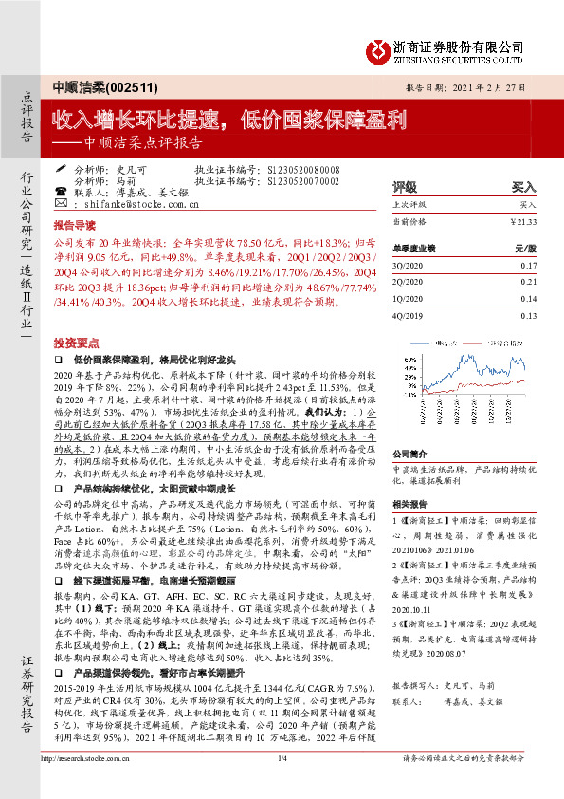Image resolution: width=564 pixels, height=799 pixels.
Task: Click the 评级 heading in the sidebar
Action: pos(405,187)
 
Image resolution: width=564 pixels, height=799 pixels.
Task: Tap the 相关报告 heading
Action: pos(410,504)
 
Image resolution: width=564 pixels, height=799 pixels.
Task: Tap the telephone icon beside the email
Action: pos(62,203)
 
